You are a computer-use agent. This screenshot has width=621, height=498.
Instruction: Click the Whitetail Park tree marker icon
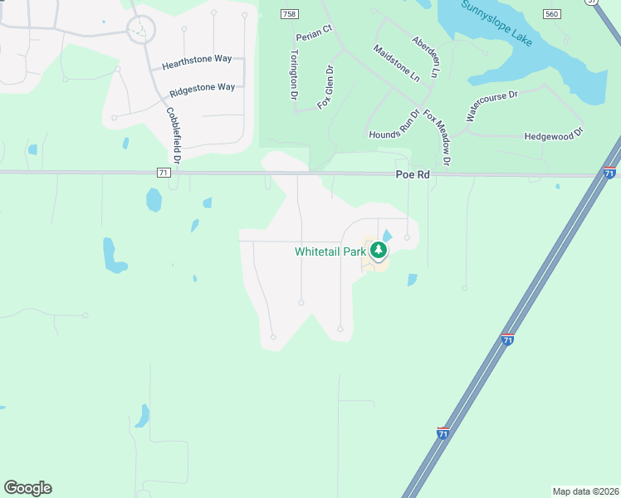coord(379,250)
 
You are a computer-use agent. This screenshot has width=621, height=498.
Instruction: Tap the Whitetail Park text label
coord(330,251)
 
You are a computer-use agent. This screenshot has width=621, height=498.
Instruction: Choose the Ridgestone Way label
coord(202,87)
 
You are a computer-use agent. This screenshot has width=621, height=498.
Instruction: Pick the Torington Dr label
coord(293,75)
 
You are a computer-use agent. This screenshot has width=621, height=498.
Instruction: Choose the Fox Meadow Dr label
coord(437,137)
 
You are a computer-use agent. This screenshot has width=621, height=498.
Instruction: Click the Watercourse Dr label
coord(491,106)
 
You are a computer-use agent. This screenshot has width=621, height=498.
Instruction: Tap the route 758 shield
coord(287,15)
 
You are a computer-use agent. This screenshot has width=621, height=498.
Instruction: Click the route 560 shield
coord(552,15)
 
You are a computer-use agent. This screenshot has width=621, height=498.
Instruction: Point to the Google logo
coord(27,488)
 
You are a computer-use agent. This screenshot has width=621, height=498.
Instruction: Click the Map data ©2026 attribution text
coord(585,491)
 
